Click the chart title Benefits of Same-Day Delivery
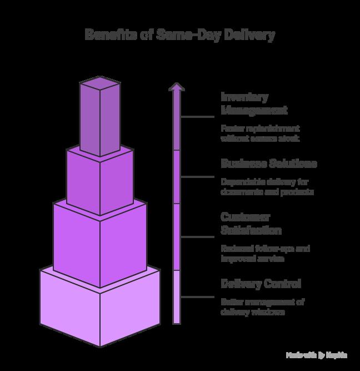click(179, 35)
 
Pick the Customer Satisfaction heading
click(251, 223)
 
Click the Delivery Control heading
click(261, 284)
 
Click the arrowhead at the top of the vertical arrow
click(177, 87)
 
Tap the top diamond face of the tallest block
click(99, 84)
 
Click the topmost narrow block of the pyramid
click(99, 120)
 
